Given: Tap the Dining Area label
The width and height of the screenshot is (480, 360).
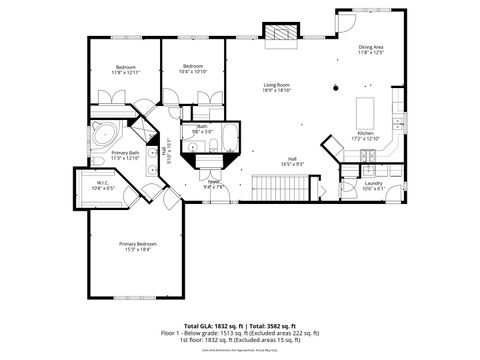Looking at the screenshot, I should click(372, 49).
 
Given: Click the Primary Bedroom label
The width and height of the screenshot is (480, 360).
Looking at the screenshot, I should click(138, 246).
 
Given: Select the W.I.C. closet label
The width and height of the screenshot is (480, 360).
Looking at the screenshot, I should click(103, 186).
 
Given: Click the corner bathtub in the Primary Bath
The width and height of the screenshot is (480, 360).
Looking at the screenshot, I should click(102, 133).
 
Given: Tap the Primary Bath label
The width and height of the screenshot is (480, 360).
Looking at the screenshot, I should click(125, 155).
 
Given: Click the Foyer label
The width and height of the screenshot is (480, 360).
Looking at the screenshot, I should click(214, 184).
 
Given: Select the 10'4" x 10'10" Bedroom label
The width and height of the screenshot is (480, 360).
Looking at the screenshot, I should click(194, 69).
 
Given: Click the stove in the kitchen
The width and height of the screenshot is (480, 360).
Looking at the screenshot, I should click(370, 156).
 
